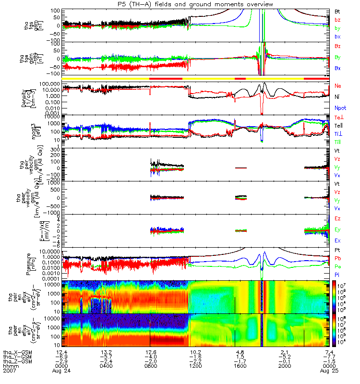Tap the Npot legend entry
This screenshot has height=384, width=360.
coord(339,108)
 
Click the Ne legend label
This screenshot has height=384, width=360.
coord(338,85)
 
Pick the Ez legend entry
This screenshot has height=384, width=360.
coord(338,219)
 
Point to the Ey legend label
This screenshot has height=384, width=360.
coord(338,229)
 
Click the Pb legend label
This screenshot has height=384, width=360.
coord(338,258)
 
